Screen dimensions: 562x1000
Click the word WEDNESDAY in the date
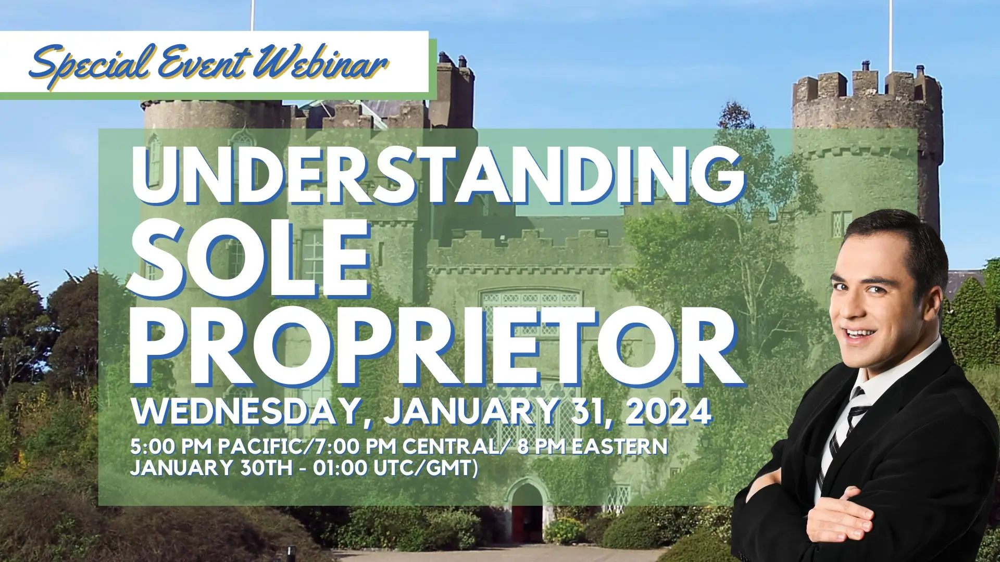pyautogui.click(x=245, y=412)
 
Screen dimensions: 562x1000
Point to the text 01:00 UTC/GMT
pyautogui.click(x=396, y=468)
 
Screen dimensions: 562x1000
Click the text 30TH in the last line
pyautogui.click(x=266, y=468)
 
